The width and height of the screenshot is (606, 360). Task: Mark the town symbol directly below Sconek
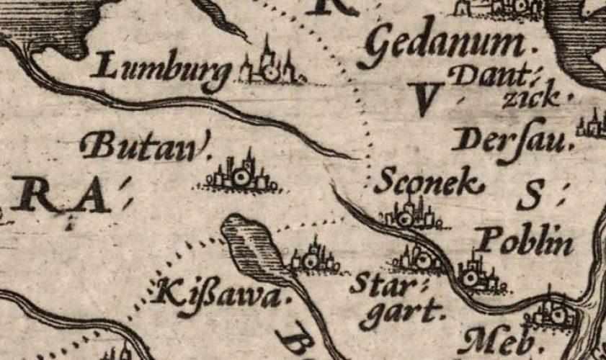coord(408,216)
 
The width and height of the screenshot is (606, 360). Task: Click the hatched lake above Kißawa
coord(254,246)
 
